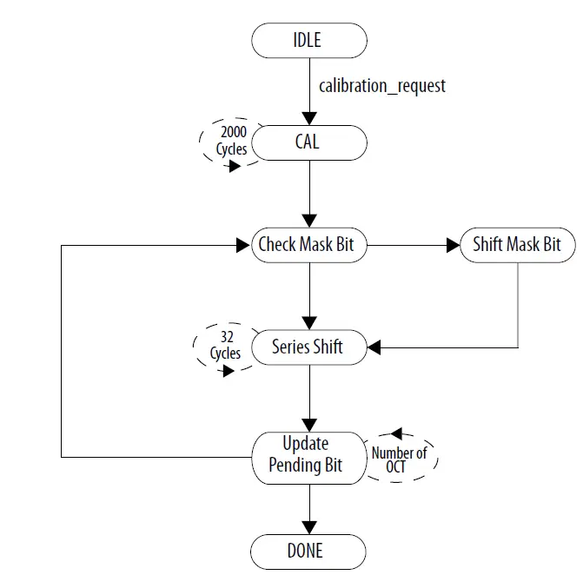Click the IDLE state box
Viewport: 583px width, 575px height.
click(308, 40)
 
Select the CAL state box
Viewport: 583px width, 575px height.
click(308, 142)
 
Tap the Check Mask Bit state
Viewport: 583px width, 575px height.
click(308, 245)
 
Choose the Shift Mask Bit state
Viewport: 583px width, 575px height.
click(517, 245)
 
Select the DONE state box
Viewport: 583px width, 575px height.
click(308, 551)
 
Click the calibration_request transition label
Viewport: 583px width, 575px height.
click(382, 86)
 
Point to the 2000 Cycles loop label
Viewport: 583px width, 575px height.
click(232, 141)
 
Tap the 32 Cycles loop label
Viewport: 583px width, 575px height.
click(225, 347)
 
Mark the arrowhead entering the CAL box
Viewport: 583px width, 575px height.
click(308, 118)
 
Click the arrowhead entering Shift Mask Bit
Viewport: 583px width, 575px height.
click(453, 246)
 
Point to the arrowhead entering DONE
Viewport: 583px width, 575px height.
click(308, 528)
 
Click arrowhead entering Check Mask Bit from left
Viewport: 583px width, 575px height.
click(243, 246)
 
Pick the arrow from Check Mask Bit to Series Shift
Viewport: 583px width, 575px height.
click(308, 291)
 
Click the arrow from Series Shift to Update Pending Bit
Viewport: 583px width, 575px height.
click(308, 395)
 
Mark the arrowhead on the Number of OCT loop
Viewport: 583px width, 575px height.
click(396, 433)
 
